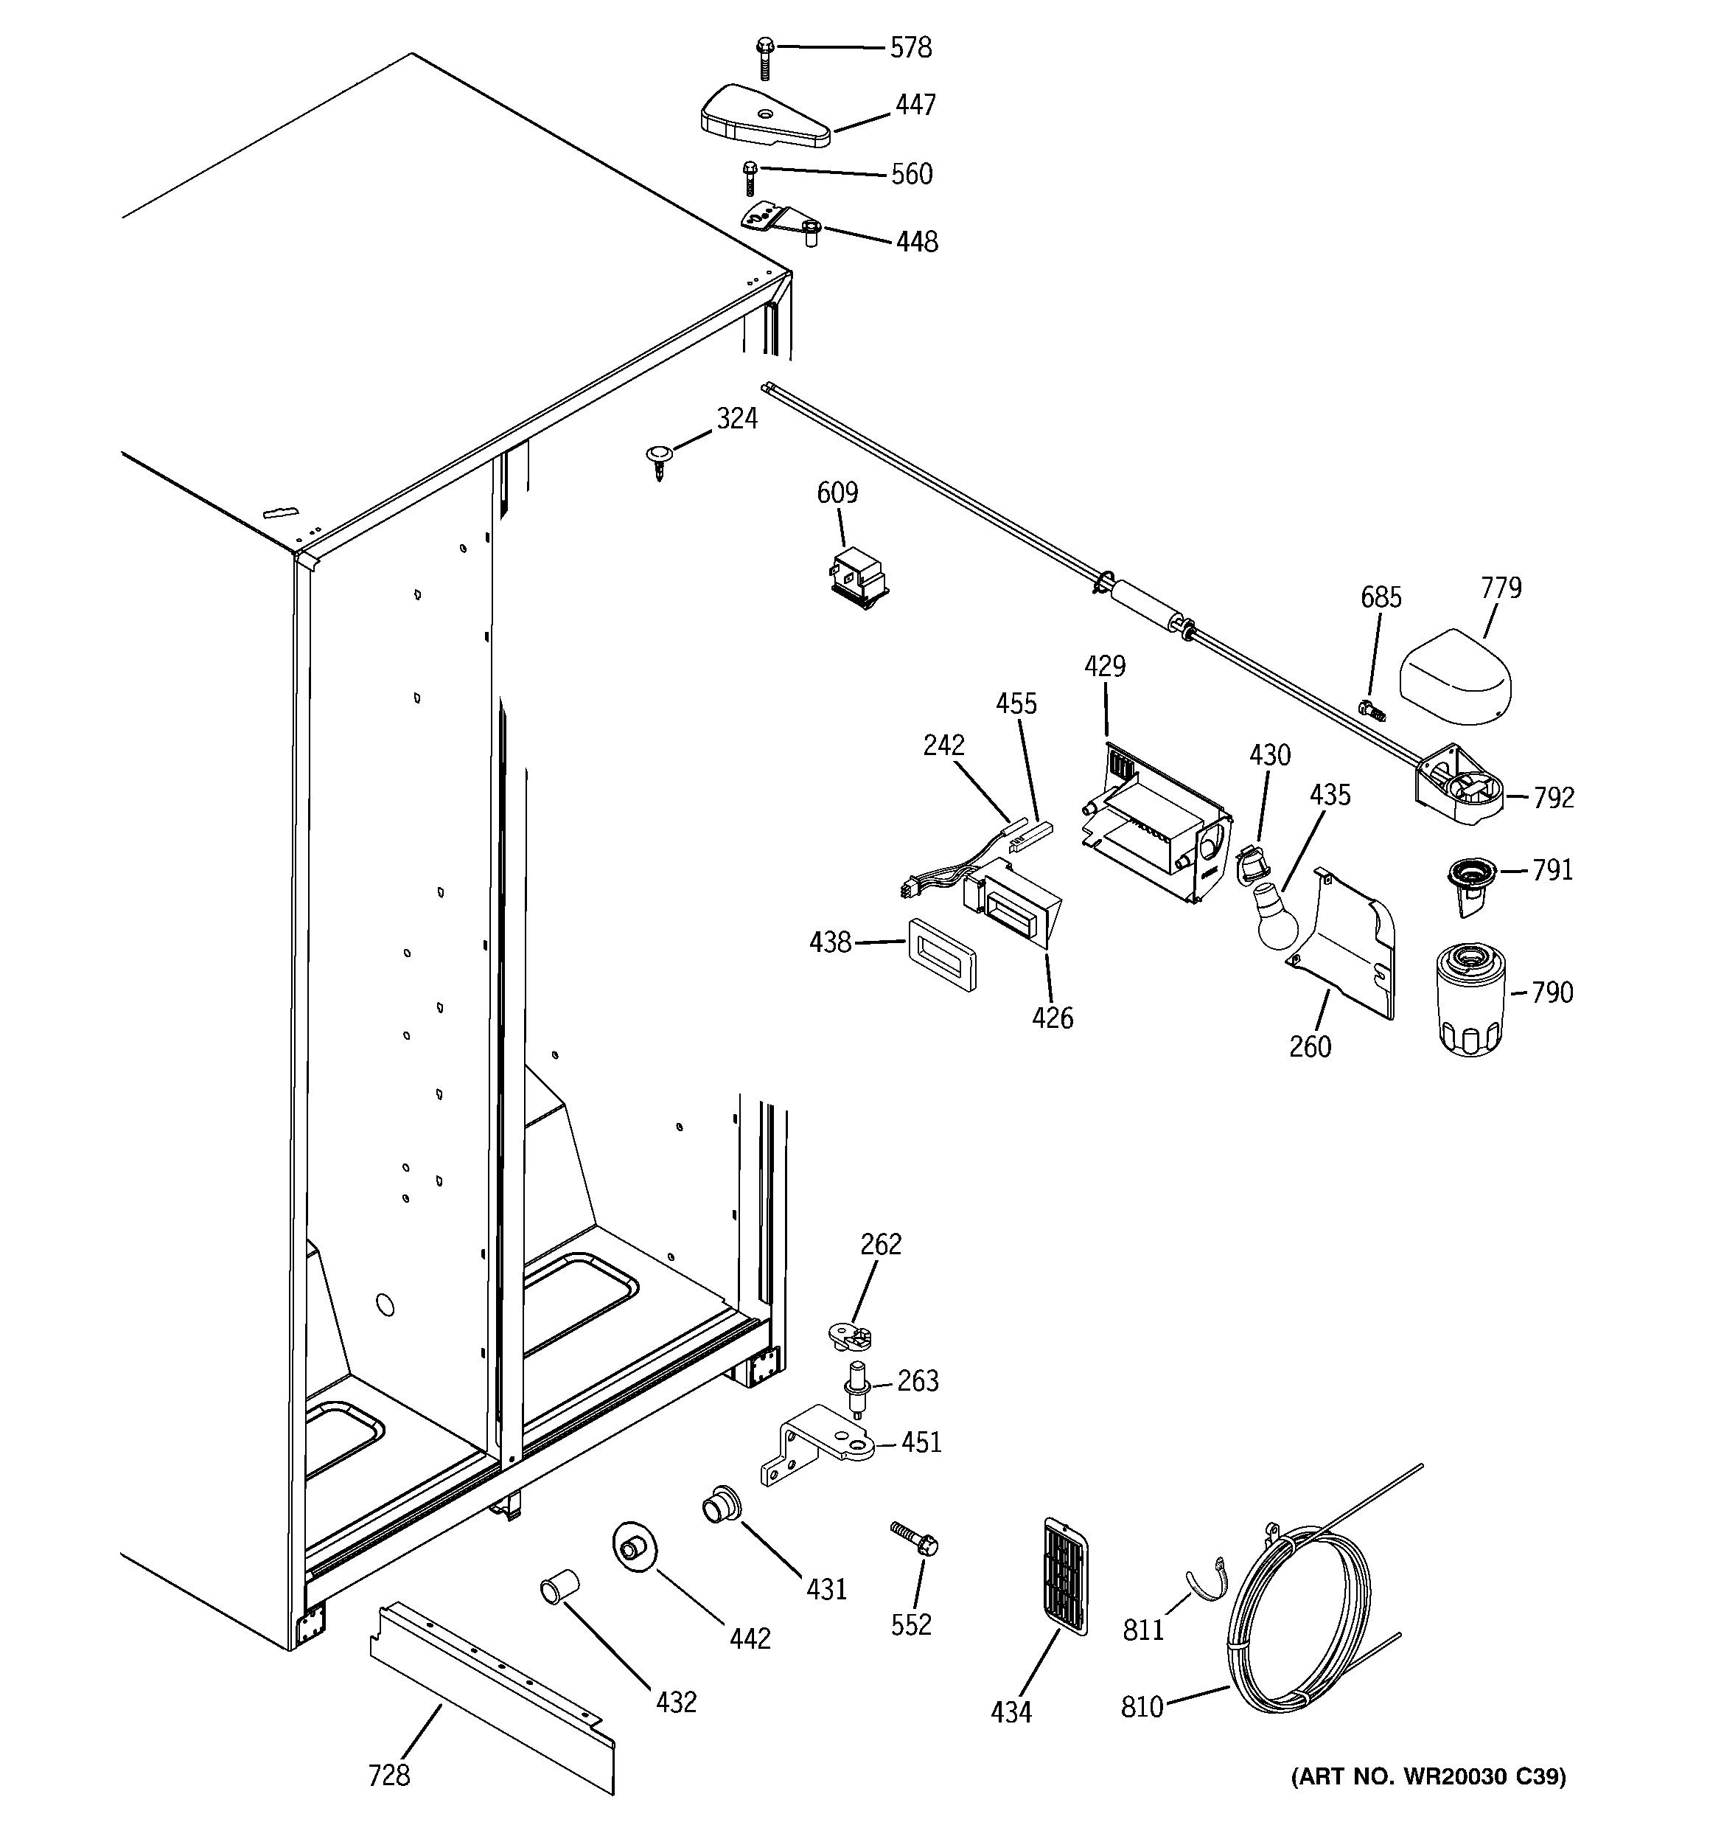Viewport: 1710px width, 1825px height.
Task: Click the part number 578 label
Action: (910, 48)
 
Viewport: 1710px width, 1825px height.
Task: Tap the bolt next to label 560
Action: (750, 178)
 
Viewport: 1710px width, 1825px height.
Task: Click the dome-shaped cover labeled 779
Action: (1454, 679)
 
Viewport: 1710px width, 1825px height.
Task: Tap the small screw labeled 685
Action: (1370, 709)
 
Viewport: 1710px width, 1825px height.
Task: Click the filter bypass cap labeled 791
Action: (1471, 882)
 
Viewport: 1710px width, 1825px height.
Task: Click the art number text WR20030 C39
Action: (1428, 1802)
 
